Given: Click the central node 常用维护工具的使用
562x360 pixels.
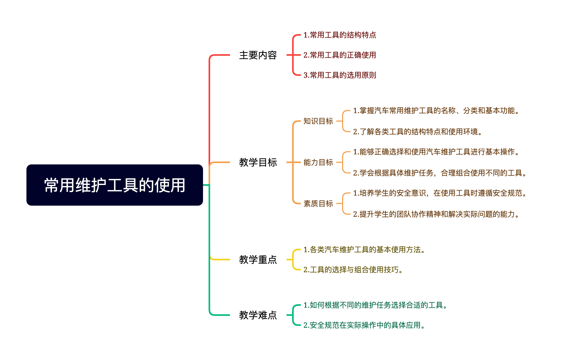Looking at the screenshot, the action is (114, 185).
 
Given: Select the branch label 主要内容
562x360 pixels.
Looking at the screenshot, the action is (258, 55).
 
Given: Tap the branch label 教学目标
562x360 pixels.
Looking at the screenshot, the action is (258, 162).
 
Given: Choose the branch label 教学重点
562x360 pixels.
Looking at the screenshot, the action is (258, 260).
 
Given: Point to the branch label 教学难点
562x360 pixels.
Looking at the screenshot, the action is (258, 315).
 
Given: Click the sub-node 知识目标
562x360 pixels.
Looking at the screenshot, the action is (318, 121).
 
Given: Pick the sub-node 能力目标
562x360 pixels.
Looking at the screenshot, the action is (318, 162).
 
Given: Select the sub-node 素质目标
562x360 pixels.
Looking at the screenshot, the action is (318, 204).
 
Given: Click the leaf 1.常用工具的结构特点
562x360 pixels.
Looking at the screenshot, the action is (340, 35).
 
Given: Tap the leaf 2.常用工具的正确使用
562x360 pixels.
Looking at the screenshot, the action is (340, 55).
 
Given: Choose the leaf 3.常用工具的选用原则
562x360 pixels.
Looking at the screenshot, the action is (340, 75).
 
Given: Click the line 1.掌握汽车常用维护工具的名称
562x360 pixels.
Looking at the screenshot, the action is (436, 110).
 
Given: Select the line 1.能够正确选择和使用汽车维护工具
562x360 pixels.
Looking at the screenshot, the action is (436, 152).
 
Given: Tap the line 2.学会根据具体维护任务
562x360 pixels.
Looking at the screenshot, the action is (440, 173).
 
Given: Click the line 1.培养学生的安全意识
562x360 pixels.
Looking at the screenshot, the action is (440, 193).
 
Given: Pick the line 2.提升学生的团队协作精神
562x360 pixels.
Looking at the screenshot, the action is (436, 214).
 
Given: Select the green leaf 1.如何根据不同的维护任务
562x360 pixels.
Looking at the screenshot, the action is (375, 305).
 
